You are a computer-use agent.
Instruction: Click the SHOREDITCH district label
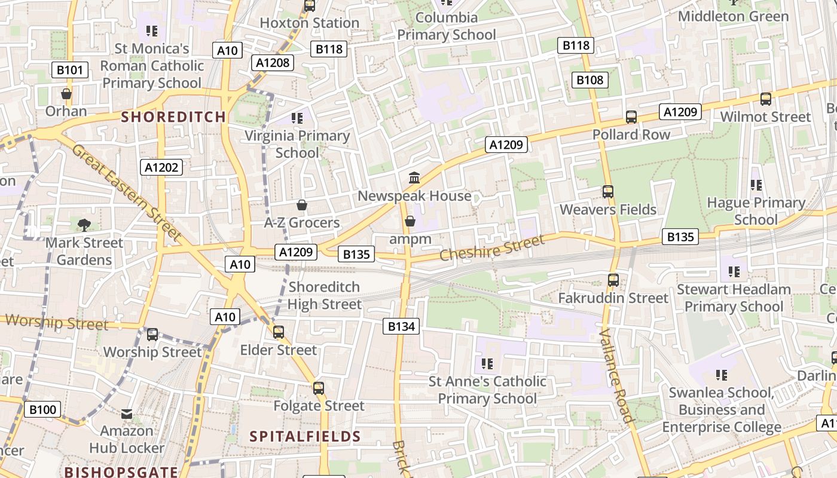(x=173, y=117)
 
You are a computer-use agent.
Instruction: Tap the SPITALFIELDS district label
(x=305, y=436)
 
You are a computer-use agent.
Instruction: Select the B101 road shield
(x=70, y=70)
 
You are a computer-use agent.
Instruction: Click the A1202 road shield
(x=162, y=167)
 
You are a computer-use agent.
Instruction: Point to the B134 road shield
(x=401, y=326)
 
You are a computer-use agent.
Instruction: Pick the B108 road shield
(x=589, y=79)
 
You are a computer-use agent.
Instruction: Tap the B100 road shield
(x=42, y=409)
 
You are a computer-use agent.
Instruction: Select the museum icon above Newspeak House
(x=414, y=178)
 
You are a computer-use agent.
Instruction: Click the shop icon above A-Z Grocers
(x=302, y=206)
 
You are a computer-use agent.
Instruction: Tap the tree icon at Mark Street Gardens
(x=84, y=225)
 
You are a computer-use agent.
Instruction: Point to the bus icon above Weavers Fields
(x=608, y=192)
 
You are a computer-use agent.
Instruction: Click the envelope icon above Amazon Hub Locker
(x=127, y=413)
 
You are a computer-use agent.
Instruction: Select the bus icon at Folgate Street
(x=319, y=388)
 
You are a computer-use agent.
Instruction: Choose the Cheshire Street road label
(x=492, y=247)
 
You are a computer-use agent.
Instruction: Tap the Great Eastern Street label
(x=126, y=192)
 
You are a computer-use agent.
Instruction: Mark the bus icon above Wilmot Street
(x=765, y=99)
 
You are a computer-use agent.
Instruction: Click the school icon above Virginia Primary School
(x=297, y=118)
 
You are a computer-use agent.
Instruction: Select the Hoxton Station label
(x=309, y=23)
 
